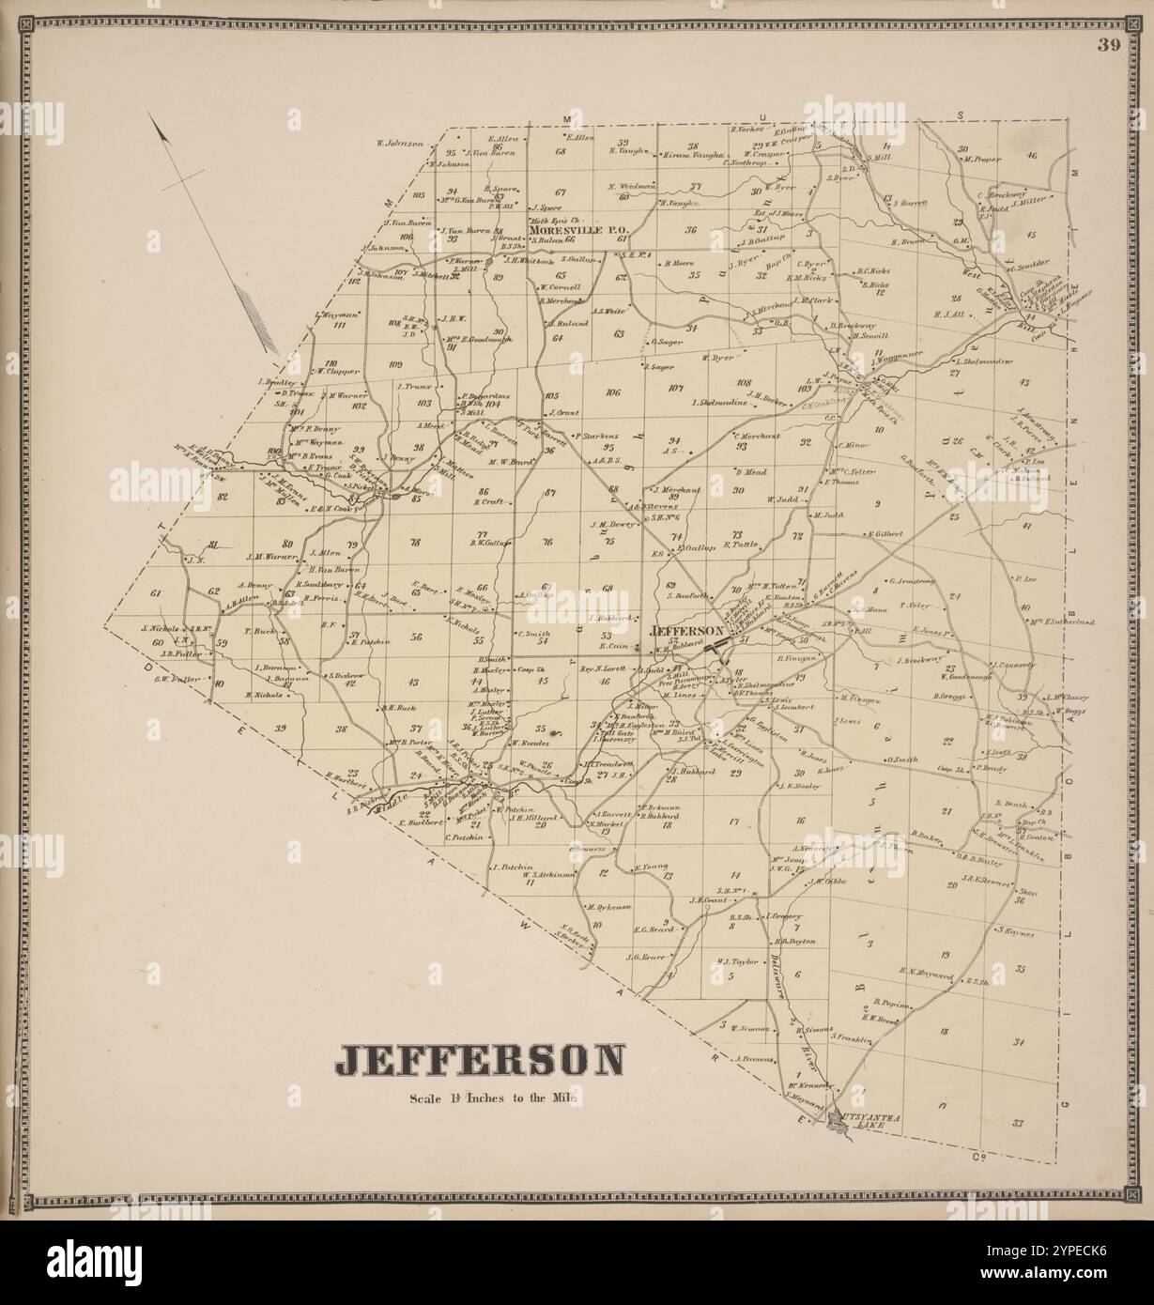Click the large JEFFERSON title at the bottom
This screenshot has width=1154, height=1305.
(x=479, y=1060)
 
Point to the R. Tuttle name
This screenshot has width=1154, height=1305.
(x=740, y=544)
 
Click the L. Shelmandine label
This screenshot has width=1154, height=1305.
(x=984, y=361)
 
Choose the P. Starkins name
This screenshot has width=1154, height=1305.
(x=600, y=436)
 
